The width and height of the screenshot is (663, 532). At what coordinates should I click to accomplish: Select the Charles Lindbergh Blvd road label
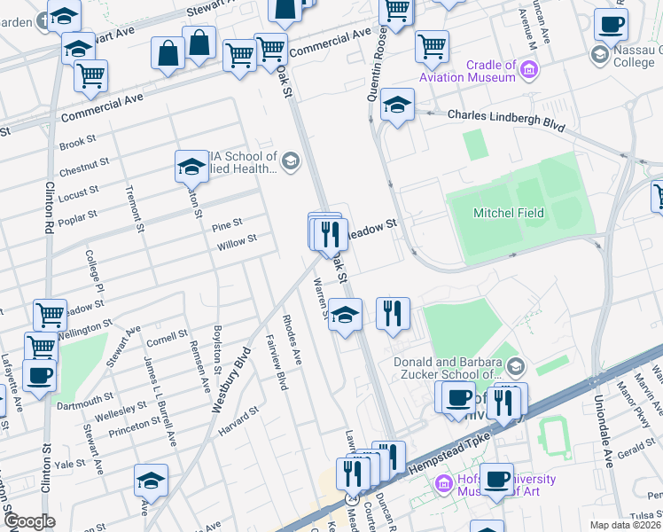click(x=505, y=116)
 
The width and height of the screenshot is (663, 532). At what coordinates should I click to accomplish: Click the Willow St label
click(x=237, y=240)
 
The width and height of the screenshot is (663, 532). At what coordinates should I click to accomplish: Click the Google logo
click(x=29, y=521)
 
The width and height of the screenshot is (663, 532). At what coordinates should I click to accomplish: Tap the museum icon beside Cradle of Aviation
click(x=529, y=68)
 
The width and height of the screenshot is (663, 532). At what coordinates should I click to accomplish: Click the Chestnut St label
click(x=84, y=166)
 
